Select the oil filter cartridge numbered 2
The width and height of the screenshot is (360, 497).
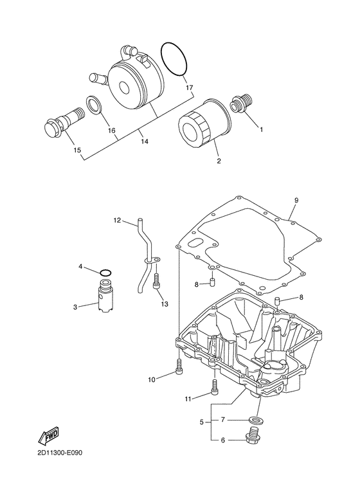204,122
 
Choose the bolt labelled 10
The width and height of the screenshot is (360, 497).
179,366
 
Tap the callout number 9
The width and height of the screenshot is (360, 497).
296,200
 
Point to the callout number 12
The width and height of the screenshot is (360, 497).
117,220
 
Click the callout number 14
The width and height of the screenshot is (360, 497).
145,141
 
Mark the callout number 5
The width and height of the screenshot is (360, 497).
202,422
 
